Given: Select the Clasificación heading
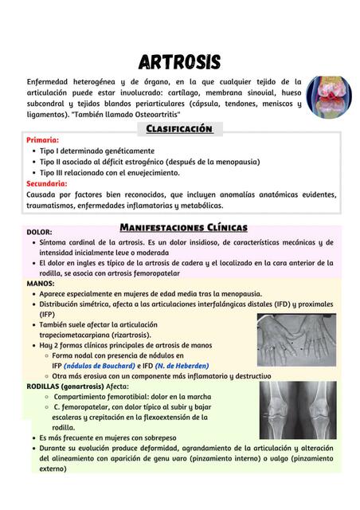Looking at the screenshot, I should (x=179, y=128).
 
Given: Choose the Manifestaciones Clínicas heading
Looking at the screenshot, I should (x=183, y=227).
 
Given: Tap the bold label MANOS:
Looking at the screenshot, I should (x=41, y=283).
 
